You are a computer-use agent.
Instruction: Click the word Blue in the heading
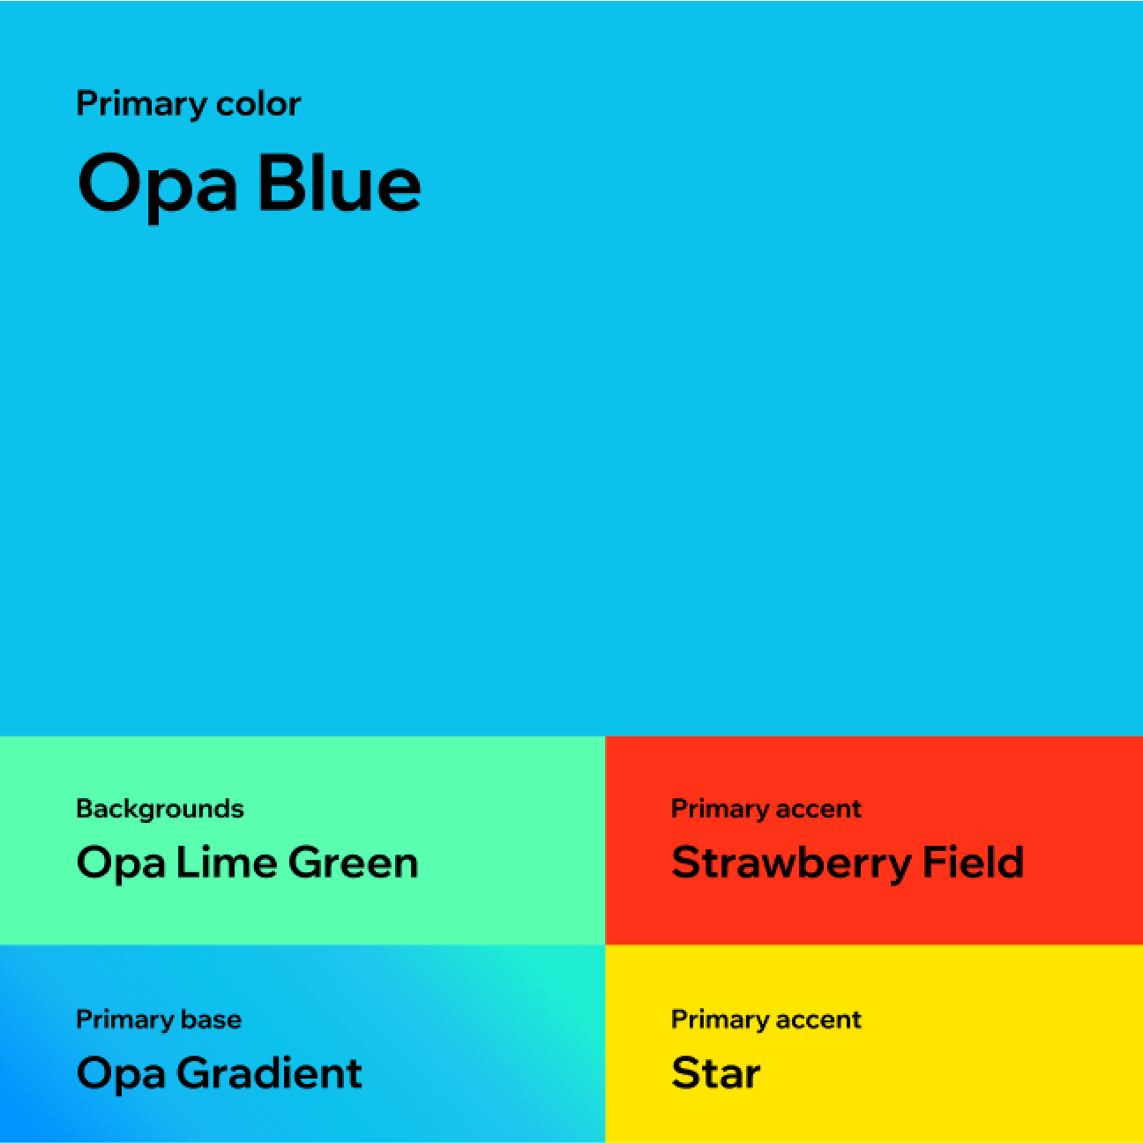pos(340,183)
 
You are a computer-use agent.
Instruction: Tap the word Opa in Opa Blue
pos(157,183)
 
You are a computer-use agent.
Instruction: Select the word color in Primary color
pos(258,104)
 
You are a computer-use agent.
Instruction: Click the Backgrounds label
pos(160,809)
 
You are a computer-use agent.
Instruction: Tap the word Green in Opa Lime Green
pos(353,862)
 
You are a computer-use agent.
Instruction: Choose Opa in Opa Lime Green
pos(121,863)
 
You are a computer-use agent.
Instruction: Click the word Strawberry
pos(791,863)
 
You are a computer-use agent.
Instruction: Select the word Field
pos(973,862)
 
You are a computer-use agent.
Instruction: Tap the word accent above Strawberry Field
pos(818,809)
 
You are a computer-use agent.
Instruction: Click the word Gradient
pos(269,1073)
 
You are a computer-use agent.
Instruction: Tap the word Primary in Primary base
pos(124,1020)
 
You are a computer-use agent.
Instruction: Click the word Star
pos(715,1073)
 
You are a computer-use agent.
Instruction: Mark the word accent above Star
pos(818,1020)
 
